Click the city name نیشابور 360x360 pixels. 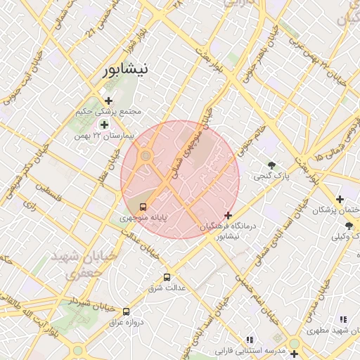click(124, 70)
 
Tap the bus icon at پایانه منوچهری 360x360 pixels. click(143, 207)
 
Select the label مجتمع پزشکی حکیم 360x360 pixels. click(113, 112)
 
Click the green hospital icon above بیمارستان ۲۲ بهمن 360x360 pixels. click(104, 124)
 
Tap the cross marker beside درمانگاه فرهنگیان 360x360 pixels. click(227, 214)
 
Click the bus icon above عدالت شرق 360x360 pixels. click(167, 277)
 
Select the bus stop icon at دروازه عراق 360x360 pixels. click(126, 311)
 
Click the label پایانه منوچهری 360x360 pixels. click(143, 219)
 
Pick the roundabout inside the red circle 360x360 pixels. click(146, 155)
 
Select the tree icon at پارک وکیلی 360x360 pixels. click(349, 225)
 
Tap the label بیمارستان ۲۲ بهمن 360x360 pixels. click(102, 135)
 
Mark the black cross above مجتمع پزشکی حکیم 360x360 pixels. click(108, 101)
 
